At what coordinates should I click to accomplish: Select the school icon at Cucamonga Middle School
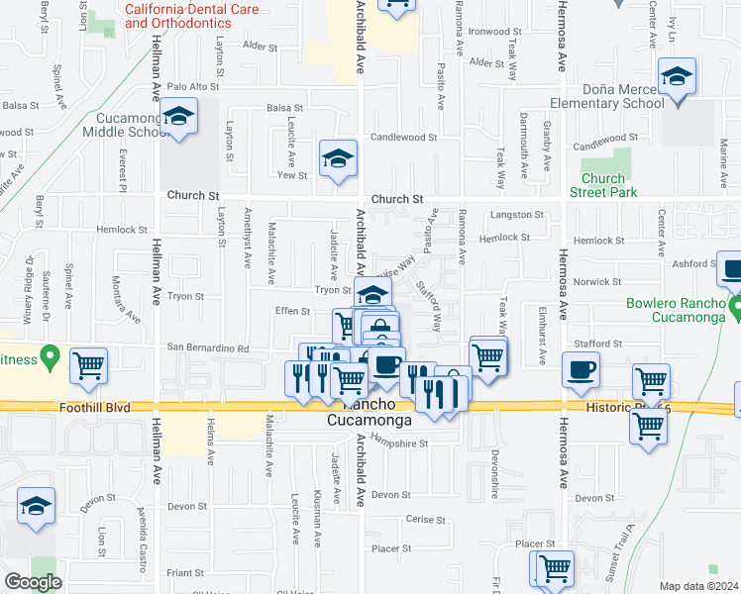click(x=179, y=118)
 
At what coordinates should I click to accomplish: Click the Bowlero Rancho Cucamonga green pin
click(x=734, y=310)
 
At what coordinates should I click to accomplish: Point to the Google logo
click(x=33, y=582)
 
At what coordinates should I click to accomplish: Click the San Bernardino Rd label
click(x=207, y=347)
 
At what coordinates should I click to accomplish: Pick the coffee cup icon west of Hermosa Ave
click(x=580, y=369)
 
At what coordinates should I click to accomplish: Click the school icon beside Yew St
click(x=338, y=157)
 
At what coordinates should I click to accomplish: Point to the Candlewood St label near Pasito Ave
click(x=403, y=137)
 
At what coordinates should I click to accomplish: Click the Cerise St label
click(x=428, y=519)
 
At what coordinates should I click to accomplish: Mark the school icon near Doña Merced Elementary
click(x=677, y=76)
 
